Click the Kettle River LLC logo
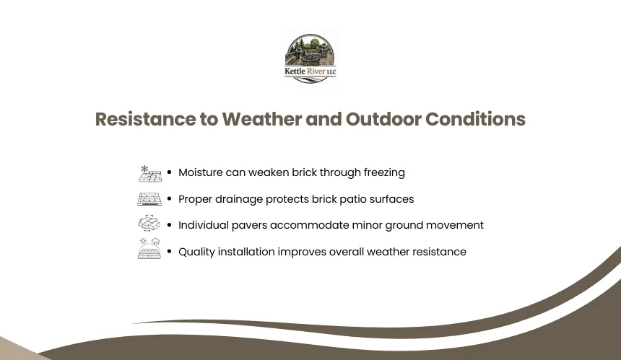click(x=310, y=58)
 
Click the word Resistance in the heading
click(x=145, y=119)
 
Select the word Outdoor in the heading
click(x=383, y=119)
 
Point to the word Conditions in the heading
click(x=475, y=119)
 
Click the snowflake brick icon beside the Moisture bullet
click(x=149, y=174)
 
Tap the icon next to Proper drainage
click(x=149, y=199)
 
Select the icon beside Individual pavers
click(x=149, y=223)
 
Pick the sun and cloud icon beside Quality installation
click(x=149, y=248)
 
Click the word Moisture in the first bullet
click(x=201, y=172)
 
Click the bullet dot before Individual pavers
click(x=170, y=224)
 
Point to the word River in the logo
click(x=316, y=71)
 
